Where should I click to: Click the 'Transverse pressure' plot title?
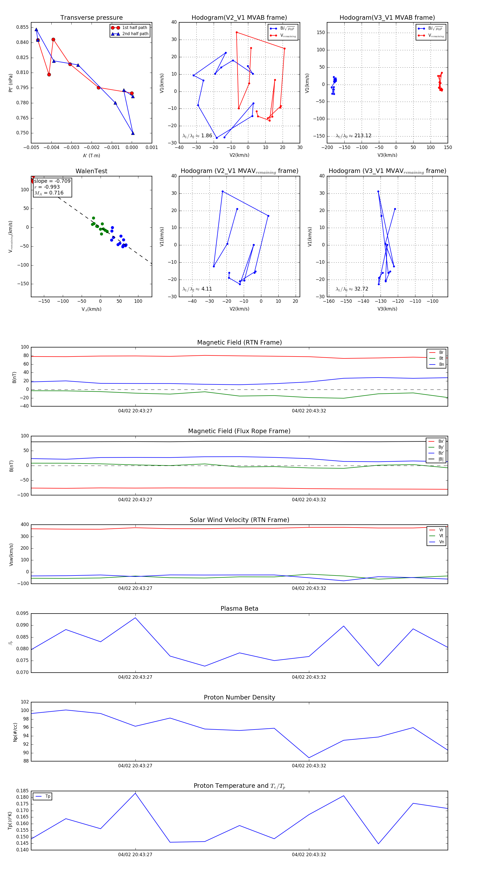pyautogui.click(x=91, y=18)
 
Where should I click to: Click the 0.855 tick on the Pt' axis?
pyautogui.click(x=23, y=27)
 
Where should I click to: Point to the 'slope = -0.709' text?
pyautogui.click(x=52, y=181)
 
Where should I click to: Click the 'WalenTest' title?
pyautogui.click(x=91, y=171)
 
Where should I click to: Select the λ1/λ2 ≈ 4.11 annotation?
pyautogui.click(x=197, y=289)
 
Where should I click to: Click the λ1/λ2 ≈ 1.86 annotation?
pyautogui.click(x=197, y=136)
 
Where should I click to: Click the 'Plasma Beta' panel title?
pyautogui.click(x=239, y=609)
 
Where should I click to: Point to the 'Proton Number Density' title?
pyautogui.click(x=239, y=697)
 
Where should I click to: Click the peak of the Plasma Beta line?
pyautogui.click(x=135, y=618)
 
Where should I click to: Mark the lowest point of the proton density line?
pyautogui.click(x=309, y=758)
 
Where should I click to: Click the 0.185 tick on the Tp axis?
pyautogui.click(x=23, y=791)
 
